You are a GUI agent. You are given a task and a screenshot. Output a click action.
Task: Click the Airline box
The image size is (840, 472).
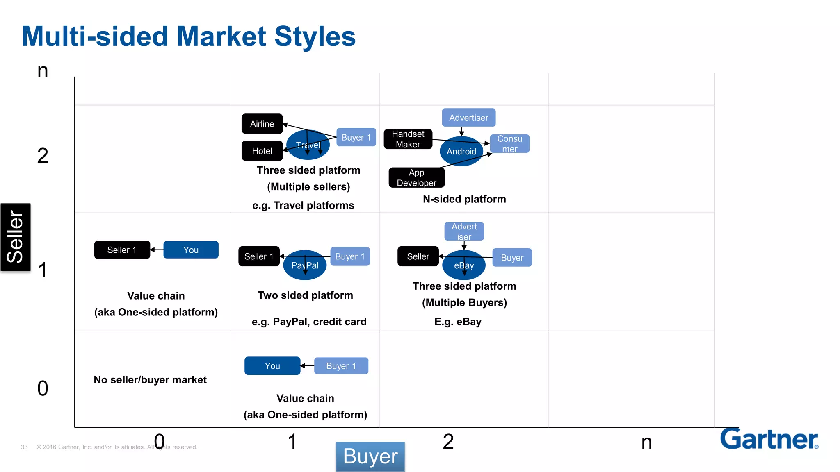pyautogui.click(x=262, y=124)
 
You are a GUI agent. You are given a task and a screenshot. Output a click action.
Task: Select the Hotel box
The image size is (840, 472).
pyautogui.click(x=262, y=151)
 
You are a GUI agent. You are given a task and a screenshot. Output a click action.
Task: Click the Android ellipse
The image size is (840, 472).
pyautogui.click(x=461, y=152)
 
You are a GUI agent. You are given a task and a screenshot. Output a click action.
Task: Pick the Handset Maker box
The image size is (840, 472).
pyautogui.click(x=408, y=139)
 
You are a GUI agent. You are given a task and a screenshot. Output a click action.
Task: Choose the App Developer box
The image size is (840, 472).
pyautogui.click(x=416, y=178)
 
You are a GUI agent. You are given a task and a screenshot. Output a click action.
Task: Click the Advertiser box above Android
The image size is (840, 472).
pyautogui.click(x=468, y=118)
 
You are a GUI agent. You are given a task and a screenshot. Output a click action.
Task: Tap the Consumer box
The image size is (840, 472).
pyautogui.click(x=509, y=144)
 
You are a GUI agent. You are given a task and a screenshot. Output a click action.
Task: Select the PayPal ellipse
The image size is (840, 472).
pyautogui.click(x=305, y=265)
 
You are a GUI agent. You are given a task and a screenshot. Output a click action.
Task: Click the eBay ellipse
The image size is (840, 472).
pyautogui.click(x=463, y=266)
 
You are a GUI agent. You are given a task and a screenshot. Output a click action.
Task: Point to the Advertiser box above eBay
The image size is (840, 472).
pyautogui.click(x=464, y=231)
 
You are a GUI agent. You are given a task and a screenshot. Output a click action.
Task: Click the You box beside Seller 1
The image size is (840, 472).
pyautogui.click(x=191, y=250)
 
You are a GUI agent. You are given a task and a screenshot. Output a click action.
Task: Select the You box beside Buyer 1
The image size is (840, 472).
pyautogui.click(x=272, y=366)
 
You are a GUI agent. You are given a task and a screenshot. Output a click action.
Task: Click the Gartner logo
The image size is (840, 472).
pyautogui.click(x=769, y=439)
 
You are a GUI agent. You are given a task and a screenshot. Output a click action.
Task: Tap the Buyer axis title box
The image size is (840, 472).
pyautogui.click(x=370, y=456)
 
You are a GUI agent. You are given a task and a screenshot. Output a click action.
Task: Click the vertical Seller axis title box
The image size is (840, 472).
pyautogui.click(x=16, y=237)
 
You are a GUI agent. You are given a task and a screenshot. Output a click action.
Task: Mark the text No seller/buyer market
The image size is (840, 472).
pyautogui.click(x=150, y=380)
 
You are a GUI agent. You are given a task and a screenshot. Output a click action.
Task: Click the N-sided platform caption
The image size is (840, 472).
pyautogui.click(x=464, y=199)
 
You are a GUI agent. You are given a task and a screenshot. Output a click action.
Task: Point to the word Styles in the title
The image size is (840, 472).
pyautogui.click(x=315, y=36)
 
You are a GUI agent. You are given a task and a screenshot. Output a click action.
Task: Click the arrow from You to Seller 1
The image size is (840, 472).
pyautogui.click(x=157, y=250)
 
